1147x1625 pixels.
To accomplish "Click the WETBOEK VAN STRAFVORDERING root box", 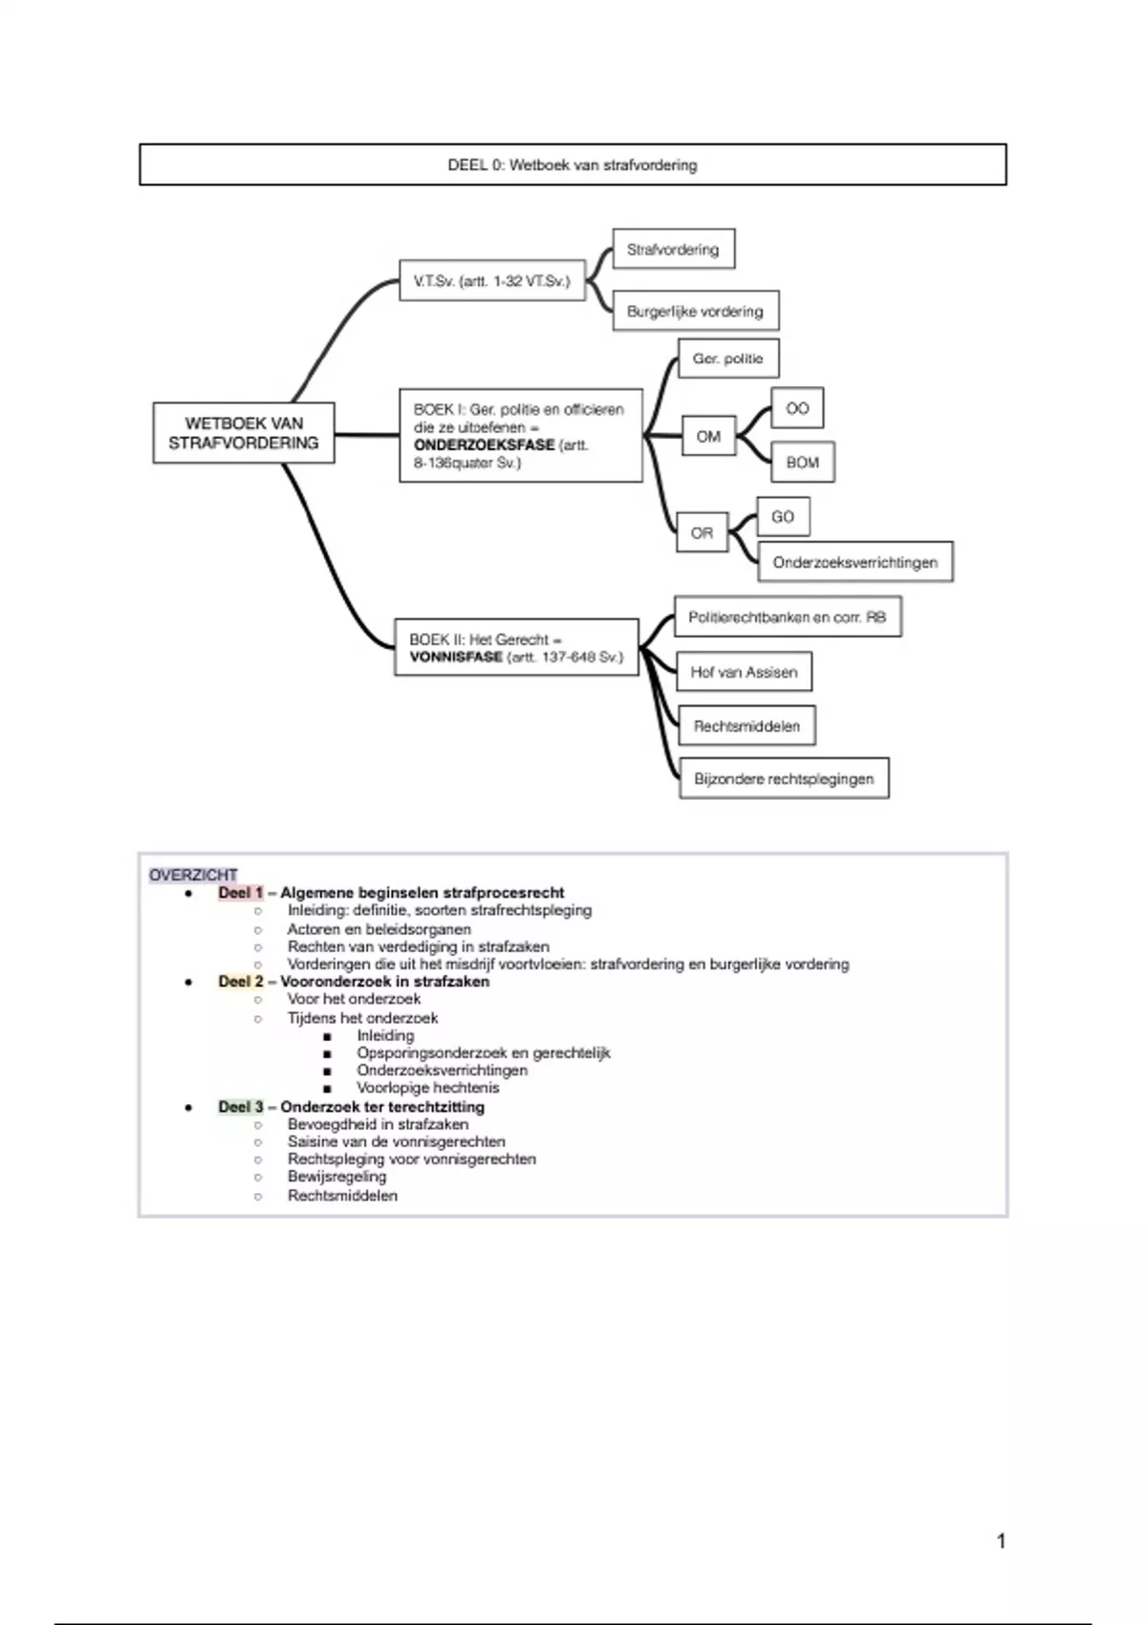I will point(244,433).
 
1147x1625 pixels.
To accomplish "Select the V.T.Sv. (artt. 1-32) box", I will point(492,281).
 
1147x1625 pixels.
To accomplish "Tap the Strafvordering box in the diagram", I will point(673,249).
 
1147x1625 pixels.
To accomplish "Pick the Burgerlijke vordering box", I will point(695,311).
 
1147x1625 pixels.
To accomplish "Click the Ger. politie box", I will point(728,358).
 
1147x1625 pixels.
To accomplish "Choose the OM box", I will point(708,437).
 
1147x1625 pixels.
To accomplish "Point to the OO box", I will point(797,408).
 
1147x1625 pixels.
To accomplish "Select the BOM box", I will point(803,463).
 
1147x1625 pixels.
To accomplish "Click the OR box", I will point(702,533).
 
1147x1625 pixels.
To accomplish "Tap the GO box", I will point(783,516).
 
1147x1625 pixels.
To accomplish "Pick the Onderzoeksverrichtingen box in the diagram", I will point(855,562).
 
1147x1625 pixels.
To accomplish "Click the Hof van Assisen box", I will point(744,672).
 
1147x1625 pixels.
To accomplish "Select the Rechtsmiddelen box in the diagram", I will point(747,726).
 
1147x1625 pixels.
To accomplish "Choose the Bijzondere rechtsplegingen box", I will point(784,779).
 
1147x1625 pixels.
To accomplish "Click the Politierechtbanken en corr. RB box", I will point(788,617).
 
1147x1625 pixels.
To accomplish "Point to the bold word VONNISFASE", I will point(456,658).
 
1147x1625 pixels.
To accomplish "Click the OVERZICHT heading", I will point(193,875).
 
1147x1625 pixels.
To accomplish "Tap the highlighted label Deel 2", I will point(240,982).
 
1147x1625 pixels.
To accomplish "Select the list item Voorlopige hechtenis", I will point(428,1088).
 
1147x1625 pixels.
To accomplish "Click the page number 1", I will point(1001,1541).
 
